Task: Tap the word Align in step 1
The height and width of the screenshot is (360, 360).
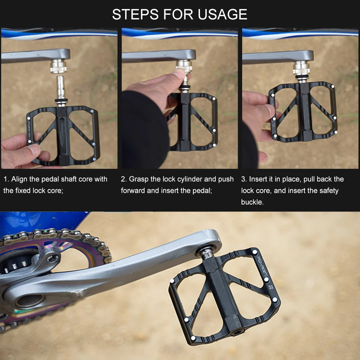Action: pos(20,179)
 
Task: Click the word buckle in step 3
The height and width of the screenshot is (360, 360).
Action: pos(252,202)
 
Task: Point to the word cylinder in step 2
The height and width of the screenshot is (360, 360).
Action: pos(190,179)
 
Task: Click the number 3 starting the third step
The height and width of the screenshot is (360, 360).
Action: pos(243,179)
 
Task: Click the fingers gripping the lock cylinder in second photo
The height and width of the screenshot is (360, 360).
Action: pos(173,77)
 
